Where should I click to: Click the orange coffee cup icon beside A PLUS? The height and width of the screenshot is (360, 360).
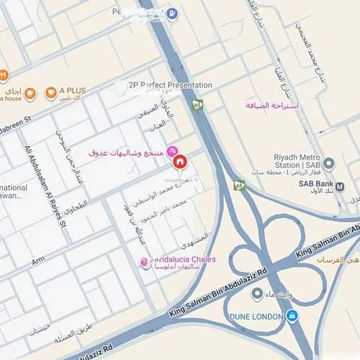[x=51, y=92]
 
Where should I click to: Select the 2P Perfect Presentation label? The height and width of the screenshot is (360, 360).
[x=170, y=84]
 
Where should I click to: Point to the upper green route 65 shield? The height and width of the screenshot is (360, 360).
[x=198, y=104]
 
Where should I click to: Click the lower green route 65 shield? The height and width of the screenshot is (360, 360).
[x=239, y=185]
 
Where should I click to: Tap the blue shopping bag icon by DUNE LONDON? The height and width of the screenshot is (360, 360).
[x=292, y=315]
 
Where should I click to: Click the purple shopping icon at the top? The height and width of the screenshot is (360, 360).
[x=171, y=13]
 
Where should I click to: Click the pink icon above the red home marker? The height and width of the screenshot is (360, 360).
[x=172, y=150]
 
